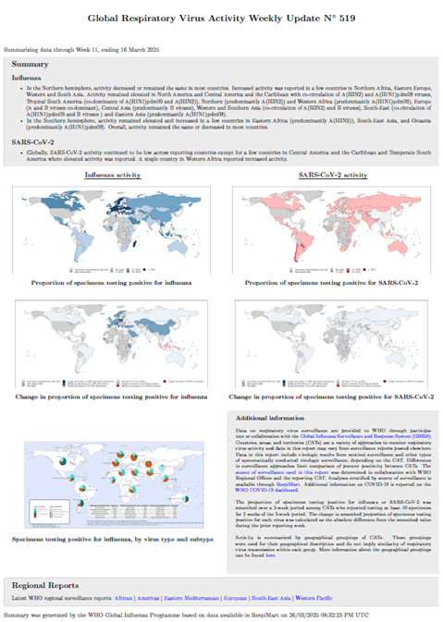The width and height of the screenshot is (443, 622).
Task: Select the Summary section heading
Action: [37, 65]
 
